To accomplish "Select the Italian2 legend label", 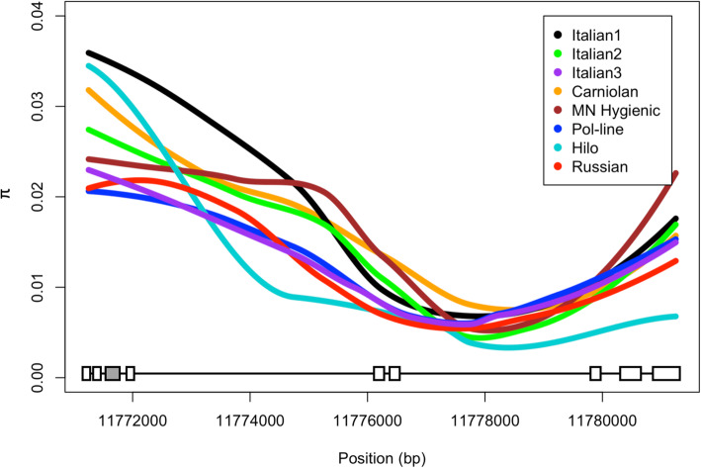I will point(612,53).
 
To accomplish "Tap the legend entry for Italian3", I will point(612,72).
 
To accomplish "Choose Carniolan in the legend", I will point(617,92).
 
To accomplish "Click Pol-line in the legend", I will point(612,131).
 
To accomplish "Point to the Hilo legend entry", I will point(598,149).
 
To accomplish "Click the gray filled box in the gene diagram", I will point(113,373).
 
